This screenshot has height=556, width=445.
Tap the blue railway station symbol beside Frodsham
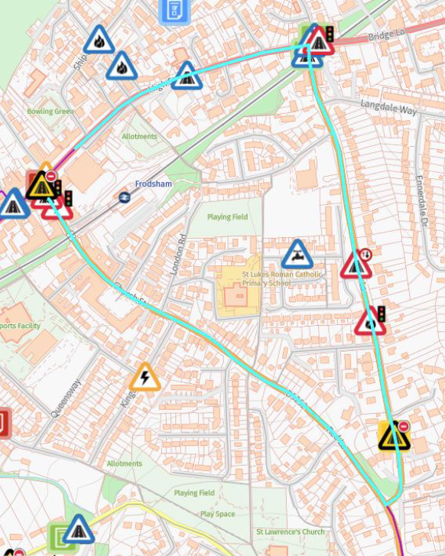click(125, 197)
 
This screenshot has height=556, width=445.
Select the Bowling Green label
click(50, 112)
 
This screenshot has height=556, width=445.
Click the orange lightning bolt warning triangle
click(145, 377)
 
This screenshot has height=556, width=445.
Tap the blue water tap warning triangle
click(297, 255)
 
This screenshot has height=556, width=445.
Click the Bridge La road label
click(386, 36)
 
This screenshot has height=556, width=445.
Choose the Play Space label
click(217, 514)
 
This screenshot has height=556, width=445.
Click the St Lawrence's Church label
click(290, 532)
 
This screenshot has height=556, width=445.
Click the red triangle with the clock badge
click(356, 265)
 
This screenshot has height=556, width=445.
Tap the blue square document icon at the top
click(174, 10)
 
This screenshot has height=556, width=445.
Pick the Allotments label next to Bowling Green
click(139, 137)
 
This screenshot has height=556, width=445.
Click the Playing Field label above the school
click(228, 217)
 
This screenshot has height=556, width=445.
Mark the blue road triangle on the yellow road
click(77, 529)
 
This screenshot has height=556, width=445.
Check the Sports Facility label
click(20, 326)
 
